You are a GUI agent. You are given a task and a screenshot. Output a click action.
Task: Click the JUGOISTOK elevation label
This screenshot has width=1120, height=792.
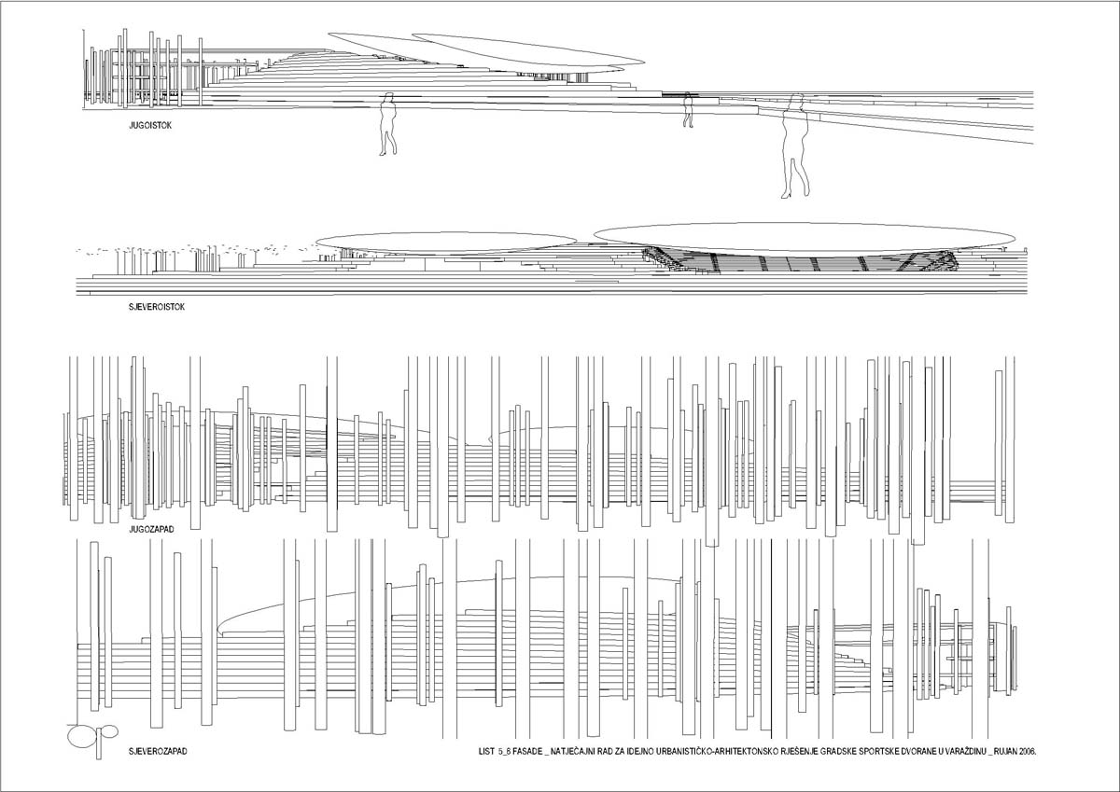pos(150,125)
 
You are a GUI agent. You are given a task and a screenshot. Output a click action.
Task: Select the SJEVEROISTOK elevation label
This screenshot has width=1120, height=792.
pos(157,307)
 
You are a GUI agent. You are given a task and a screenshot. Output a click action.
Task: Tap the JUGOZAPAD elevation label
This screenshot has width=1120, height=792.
pos(151,529)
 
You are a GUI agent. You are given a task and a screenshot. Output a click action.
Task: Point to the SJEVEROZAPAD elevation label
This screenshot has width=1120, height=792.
pos(158,751)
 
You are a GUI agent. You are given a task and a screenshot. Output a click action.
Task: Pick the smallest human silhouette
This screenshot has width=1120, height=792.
pos(689,110)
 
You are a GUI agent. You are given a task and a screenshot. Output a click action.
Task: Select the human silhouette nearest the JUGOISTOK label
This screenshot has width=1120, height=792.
pos(388,124)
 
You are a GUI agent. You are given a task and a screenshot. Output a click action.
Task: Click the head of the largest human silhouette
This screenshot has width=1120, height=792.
pos(795,100)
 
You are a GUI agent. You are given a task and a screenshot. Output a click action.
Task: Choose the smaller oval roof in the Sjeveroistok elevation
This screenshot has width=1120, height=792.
pos(446,243)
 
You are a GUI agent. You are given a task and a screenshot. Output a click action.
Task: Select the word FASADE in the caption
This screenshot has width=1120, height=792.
pos(527,751)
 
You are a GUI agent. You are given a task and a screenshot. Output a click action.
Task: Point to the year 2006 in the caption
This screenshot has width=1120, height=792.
pos(1026,751)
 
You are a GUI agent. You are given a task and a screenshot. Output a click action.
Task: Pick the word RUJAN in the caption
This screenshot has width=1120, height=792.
pos(1004,751)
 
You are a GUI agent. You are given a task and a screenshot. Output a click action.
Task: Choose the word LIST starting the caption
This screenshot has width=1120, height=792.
pos(486,751)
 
